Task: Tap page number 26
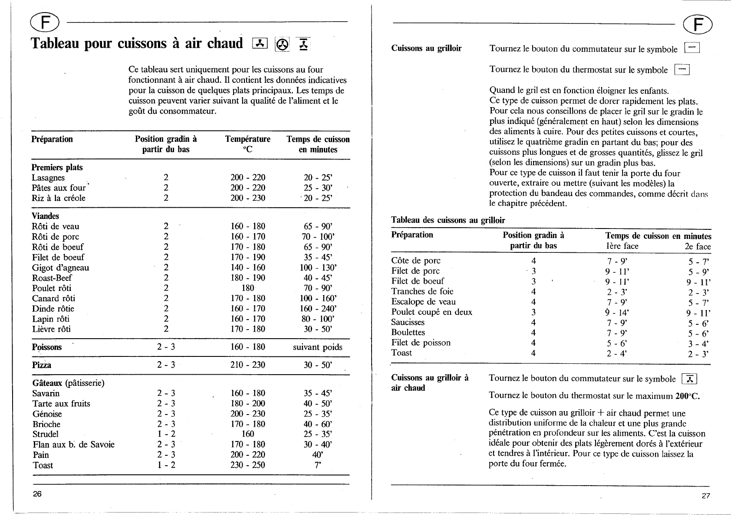pyautogui.click(x=37, y=494)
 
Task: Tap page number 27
pyautogui.click(x=706, y=496)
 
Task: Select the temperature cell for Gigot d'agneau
pyautogui.click(x=247, y=268)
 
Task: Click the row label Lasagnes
pyautogui.click(x=48, y=178)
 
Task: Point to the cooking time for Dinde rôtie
pyautogui.click(x=318, y=309)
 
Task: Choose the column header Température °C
pyautogui.click(x=247, y=144)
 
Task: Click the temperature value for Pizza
pyautogui.click(x=247, y=365)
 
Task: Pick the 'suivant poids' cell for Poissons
pyautogui.click(x=318, y=347)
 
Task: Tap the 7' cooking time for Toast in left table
pyautogui.click(x=318, y=465)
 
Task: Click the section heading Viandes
pyautogui.click(x=45, y=216)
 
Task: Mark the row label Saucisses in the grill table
pyautogui.click(x=408, y=322)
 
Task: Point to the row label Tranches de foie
pyautogui.click(x=422, y=291)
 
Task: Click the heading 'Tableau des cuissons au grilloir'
pyautogui.click(x=448, y=220)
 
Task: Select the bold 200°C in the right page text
pyautogui.click(x=687, y=396)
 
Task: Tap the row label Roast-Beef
pyautogui.click(x=52, y=278)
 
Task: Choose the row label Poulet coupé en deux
pyautogui.click(x=431, y=312)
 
